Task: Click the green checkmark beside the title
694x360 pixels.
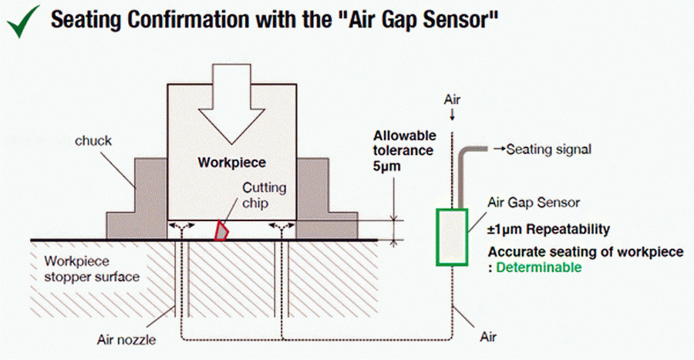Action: click(x=22, y=22)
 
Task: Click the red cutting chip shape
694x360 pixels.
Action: click(x=221, y=230)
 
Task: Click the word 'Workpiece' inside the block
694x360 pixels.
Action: click(x=232, y=163)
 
